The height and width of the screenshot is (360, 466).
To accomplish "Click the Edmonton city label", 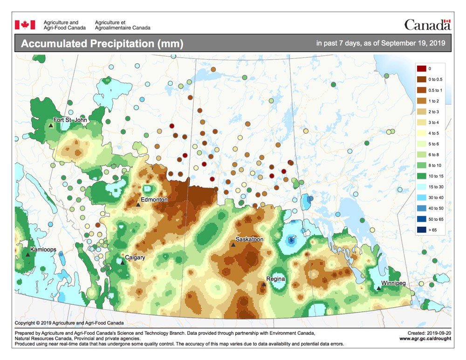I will (154, 199).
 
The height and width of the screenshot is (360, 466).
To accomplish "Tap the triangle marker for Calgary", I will (123, 262).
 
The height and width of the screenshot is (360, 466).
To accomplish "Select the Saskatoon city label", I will (249, 239).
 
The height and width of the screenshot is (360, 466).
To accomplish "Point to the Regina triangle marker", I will (264, 284).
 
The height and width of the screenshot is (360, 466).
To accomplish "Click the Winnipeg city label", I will (393, 283).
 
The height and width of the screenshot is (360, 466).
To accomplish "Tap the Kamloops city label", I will (43, 250).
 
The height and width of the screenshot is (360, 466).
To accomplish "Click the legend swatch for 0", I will (422, 68).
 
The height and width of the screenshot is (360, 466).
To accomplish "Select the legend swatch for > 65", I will (422, 230).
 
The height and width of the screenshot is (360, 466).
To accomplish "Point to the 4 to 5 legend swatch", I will (422, 133).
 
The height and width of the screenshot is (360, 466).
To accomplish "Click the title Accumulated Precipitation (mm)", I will (102, 44).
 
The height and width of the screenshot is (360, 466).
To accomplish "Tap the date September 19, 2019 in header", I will (413, 43).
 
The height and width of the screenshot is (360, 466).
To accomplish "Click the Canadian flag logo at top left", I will (25, 25).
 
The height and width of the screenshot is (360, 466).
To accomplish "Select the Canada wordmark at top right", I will (427, 25).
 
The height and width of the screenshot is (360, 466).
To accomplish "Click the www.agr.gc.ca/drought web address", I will (425, 339).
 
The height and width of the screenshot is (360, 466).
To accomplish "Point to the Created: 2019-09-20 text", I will (429, 333).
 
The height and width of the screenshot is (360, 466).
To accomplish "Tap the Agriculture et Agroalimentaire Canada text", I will (122, 25).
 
